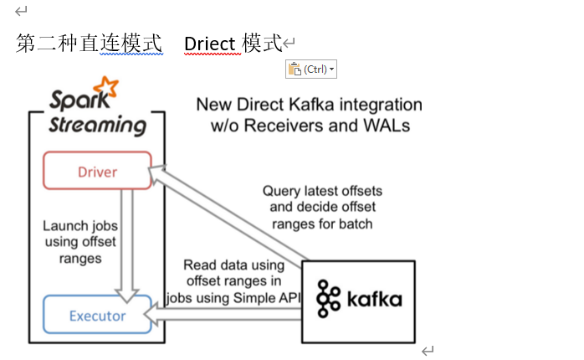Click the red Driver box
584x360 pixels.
[x=98, y=171]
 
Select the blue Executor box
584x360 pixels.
[x=97, y=315]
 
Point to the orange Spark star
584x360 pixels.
[x=105, y=88]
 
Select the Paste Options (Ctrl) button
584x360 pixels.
[x=310, y=69]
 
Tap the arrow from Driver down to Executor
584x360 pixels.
[x=129, y=243]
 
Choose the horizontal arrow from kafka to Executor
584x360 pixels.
[x=226, y=313]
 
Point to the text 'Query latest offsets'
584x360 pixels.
[x=322, y=191]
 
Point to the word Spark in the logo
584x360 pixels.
[x=73, y=100]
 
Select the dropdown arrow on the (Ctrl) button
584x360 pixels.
[x=332, y=69]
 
